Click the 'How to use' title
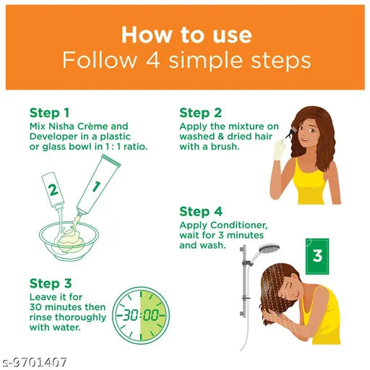[186, 35]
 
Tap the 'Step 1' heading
[49, 113]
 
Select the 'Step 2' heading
[200, 113]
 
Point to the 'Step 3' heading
[51, 283]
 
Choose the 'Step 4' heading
[201, 212]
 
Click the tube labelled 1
[98, 185]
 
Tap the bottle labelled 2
[53, 190]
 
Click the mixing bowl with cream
[69, 241]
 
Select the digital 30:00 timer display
[141, 315]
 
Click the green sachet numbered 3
[317, 257]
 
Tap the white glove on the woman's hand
[280, 150]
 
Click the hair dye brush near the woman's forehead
[291, 133]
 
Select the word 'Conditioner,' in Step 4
[238, 225]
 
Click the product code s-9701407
[35, 362]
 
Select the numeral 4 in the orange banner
[152, 60]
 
